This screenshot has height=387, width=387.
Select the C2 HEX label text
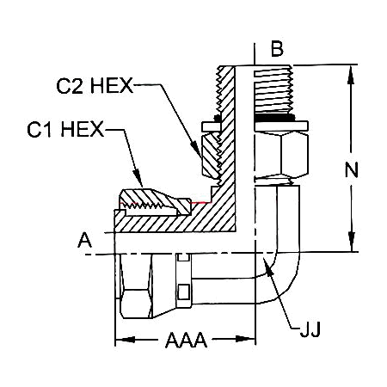(94, 87)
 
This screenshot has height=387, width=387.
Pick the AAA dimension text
(187, 341)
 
